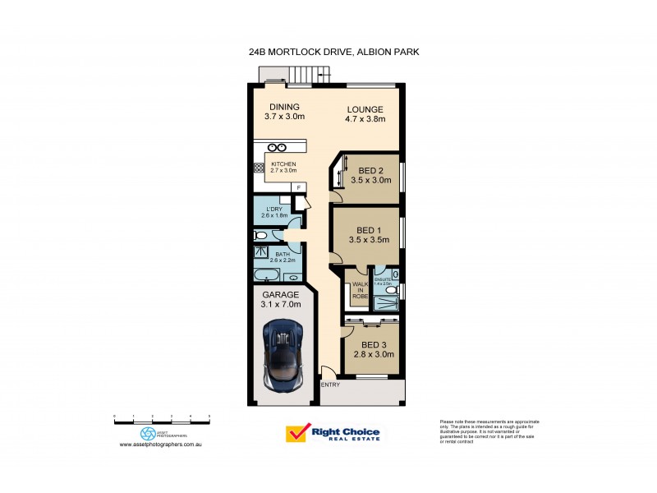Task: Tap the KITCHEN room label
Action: [283, 164]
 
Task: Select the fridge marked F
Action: [297, 188]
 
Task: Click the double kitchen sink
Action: [277, 147]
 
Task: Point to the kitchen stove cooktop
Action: [257, 167]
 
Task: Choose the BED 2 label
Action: [371, 171]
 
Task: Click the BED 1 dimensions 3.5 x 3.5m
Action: [368, 240]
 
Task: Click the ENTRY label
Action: [330, 385]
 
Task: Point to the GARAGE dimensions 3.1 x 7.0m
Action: [282, 306]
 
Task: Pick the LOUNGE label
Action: [364, 108]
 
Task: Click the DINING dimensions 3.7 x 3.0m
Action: [284, 117]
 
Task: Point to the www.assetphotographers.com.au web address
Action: [161, 444]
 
